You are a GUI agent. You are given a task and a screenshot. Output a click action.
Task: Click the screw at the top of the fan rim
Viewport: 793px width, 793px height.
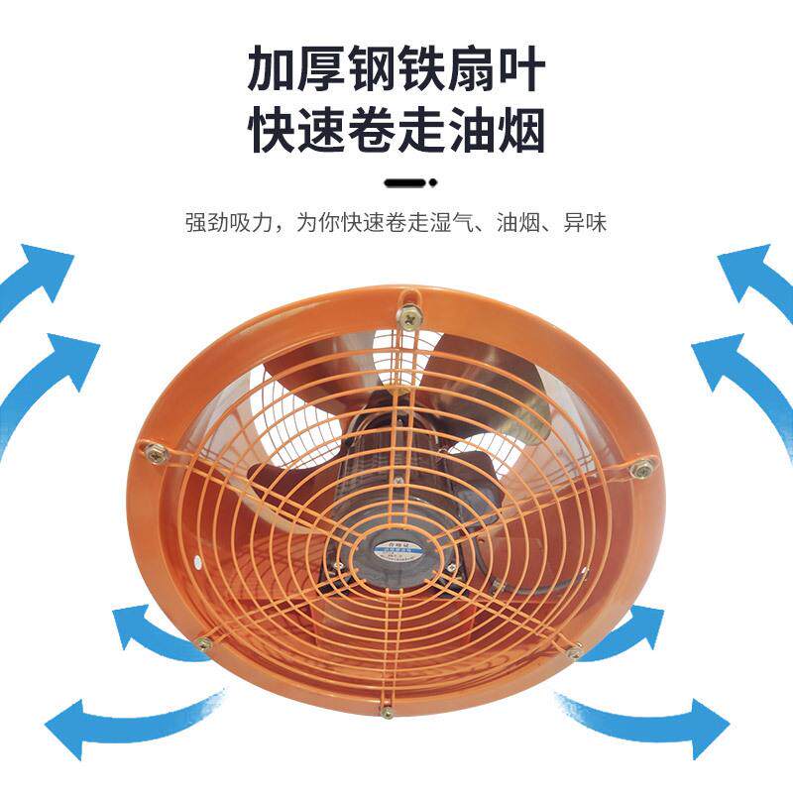click(x=407, y=316)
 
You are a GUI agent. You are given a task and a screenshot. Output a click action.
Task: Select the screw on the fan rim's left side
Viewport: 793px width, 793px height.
click(x=156, y=453)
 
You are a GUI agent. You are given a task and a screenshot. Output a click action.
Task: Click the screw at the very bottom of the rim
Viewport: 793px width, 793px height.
click(x=387, y=711)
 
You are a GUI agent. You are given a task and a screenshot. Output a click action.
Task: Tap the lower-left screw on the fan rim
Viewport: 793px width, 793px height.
click(x=204, y=644)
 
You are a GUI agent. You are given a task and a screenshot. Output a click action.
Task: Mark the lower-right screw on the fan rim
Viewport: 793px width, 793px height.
click(x=574, y=652)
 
